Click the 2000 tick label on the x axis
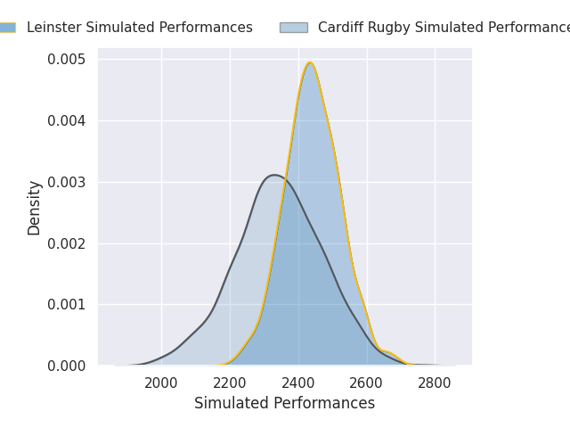pyautogui.click(x=161, y=383)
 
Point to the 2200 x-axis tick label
pyautogui.click(x=230, y=383)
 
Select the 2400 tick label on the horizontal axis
pyautogui.click(x=298, y=383)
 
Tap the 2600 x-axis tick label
pyautogui.click(x=367, y=383)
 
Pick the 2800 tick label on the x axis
pyautogui.click(x=435, y=383)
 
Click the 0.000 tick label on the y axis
pyautogui.click(x=67, y=366)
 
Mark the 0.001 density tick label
pyautogui.click(x=67, y=304)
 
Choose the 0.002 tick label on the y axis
pyautogui.click(x=67, y=243)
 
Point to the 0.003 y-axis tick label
pyautogui.click(x=67, y=182)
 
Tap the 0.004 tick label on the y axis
pyautogui.click(x=67, y=120)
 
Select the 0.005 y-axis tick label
pyautogui.click(x=67, y=59)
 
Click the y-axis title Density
pyautogui.click(x=35, y=208)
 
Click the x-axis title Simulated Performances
pyautogui.click(x=285, y=403)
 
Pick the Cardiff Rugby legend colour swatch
pyautogui.click(x=293, y=28)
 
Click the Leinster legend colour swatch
pyautogui.click(x=5, y=28)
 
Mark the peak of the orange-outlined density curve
pyautogui.click(x=310, y=62)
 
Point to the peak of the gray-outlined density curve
pyautogui.click(x=275, y=175)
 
